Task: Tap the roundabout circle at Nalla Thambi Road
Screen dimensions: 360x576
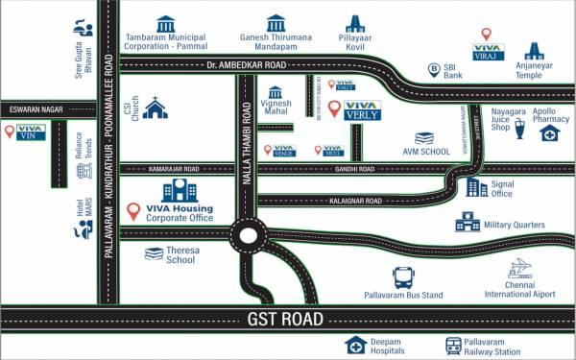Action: (250, 233)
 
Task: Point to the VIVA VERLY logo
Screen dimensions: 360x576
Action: (362, 110)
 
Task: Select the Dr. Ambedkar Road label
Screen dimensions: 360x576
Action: (248, 65)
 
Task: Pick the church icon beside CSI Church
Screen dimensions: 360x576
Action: (155, 108)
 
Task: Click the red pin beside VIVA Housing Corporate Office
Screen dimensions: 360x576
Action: (134, 209)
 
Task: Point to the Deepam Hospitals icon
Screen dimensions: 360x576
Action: (356, 346)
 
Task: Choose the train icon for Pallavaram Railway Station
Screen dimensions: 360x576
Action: (453, 346)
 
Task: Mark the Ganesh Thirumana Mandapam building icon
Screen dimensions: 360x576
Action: (276, 22)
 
